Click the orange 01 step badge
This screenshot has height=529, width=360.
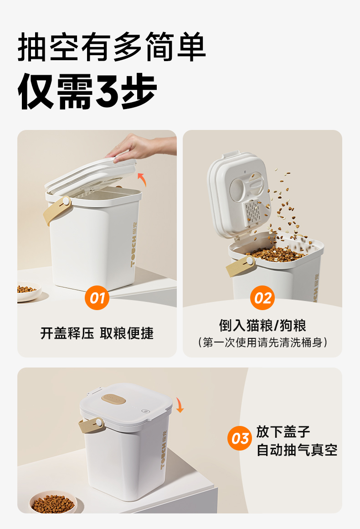(x=97, y=297)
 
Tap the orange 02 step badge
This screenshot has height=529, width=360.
(x=262, y=297)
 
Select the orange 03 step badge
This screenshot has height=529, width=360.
(x=240, y=438)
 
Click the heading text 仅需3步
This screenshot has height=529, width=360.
(x=87, y=91)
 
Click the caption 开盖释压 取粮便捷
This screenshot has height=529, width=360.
(x=97, y=333)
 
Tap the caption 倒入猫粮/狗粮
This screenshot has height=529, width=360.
(x=262, y=326)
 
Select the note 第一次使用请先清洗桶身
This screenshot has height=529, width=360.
(x=262, y=342)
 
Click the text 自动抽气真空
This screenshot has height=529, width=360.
(x=297, y=450)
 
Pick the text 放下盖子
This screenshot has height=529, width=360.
(x=283, y=432)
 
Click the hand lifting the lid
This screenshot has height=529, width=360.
(x=142, y=149)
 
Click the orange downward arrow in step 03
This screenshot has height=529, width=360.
(x=180, y=405)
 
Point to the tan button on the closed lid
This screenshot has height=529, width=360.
(x=114, y=399)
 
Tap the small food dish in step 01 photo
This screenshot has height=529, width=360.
(x=29, y=291)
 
